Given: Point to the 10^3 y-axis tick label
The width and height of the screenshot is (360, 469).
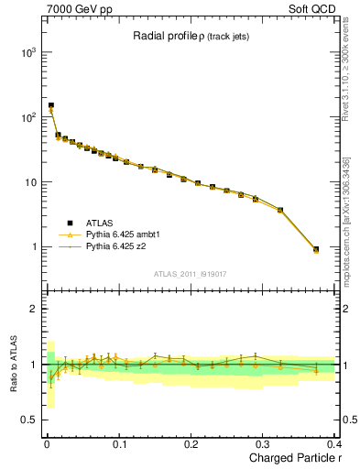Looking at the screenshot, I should pos(27,52).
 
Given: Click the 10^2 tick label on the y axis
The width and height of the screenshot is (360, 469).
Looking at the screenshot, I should pos(27,117).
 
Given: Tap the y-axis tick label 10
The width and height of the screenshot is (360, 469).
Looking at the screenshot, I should pos(30,182).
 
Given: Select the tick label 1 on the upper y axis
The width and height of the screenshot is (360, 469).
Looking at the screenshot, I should pos(34,247).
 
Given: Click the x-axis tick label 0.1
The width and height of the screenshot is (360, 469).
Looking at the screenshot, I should pos(119,444).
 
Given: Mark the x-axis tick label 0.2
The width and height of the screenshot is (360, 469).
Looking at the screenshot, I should pos(191,444).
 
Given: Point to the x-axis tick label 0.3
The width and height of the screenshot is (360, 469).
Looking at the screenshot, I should pos(265,444).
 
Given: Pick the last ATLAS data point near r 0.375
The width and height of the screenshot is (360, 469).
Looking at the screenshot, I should pos(316,249).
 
